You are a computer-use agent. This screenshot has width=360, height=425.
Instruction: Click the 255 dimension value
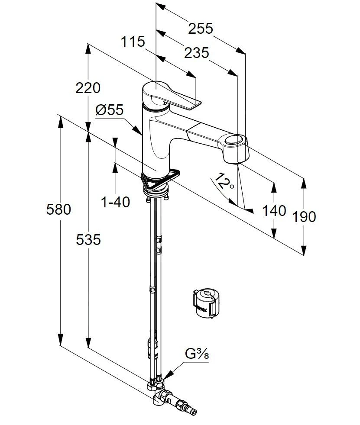pyautogui.click(x=201, y=29)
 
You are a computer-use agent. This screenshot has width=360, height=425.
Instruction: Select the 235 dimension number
pyautogui.click(x=196, y=53)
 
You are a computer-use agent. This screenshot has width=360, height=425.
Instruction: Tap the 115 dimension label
pyautogui.click(x=133, y=42)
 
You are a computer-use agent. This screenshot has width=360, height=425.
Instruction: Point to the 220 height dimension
pyautogui.click(x=88, y=88)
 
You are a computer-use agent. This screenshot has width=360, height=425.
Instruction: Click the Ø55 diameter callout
pyautogui.click(x=110, y=110)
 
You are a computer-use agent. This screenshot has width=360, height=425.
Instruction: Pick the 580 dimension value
pyautogui.click(x=58, y=209)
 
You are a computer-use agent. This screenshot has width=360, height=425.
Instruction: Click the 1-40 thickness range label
pyautogui.click(x=115, y=202)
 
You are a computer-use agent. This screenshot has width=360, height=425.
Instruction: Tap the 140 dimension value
pyautogui.click(x=274, y=210)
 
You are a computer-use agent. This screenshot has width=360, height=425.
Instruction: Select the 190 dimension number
pyautogui.click(x=304, y=216)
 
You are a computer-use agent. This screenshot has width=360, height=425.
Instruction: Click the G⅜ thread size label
pyautogui.click(x=197, y=354)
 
